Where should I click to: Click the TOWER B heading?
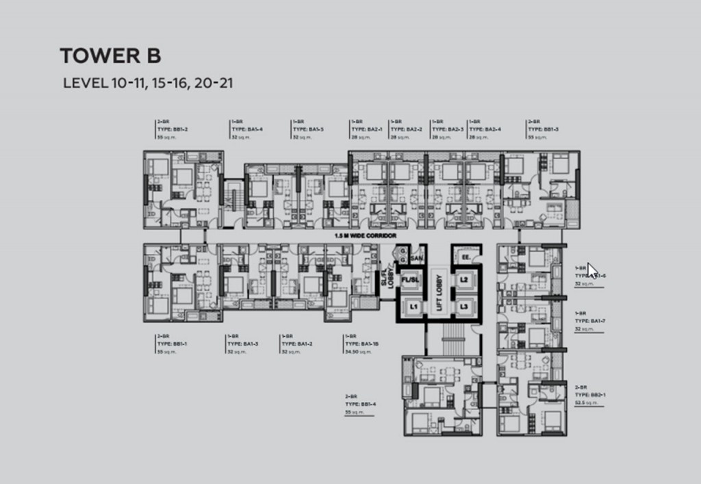point(110,55)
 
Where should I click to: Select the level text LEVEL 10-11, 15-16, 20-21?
point(150,84)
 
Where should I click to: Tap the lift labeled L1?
point(413,307)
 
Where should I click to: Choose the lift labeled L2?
point(463,280)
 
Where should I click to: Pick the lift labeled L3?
point(463,307)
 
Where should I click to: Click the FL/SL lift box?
point(410,280)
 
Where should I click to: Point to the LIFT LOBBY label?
point(439,293)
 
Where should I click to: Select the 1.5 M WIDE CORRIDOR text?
point(366,235)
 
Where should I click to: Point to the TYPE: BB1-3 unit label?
point(544,129)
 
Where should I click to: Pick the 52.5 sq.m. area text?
point(587,403)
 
